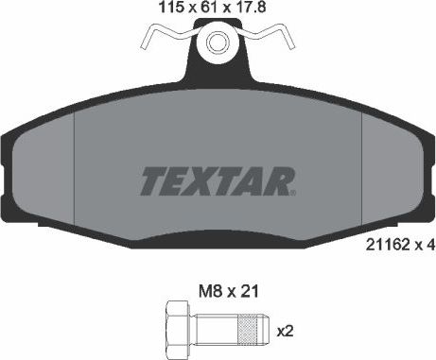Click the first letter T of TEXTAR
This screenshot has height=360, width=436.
(153, 179)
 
